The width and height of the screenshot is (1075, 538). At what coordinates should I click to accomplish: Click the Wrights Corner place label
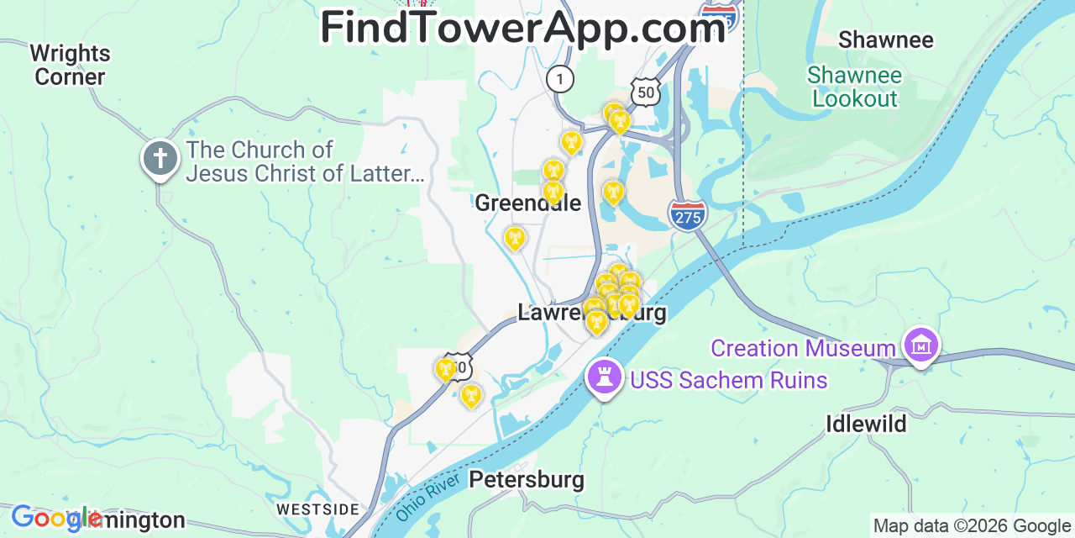(70, 65)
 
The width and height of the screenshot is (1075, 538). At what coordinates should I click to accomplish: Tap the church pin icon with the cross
(160, 158)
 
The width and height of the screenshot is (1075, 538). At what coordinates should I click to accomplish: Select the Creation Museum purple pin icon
(921, 345)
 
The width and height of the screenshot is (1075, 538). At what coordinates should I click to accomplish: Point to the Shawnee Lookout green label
(854, 87)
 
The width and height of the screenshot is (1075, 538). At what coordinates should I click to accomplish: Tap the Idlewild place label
(866, 424)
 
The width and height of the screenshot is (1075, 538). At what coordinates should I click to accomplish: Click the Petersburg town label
(527, 480)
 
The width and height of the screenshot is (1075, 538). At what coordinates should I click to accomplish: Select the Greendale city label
(527, 203)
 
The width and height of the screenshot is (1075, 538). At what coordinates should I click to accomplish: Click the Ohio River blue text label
(429, 496)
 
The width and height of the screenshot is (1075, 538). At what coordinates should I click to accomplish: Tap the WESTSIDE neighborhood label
(317, 509)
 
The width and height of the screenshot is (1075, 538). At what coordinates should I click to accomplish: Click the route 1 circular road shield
(559, 79)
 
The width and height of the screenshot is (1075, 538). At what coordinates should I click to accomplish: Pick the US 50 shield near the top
(645, 92)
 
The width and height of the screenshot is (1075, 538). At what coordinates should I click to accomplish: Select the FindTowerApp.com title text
(522, 28)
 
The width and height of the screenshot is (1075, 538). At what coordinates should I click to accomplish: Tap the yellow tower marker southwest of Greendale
(514, 239)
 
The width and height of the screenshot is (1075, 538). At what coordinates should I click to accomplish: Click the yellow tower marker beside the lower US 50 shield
(445, 369)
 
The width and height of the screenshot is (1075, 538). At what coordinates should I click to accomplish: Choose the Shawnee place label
(885, 40)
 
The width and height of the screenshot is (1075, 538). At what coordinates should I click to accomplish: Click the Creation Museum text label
(803, 348)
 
